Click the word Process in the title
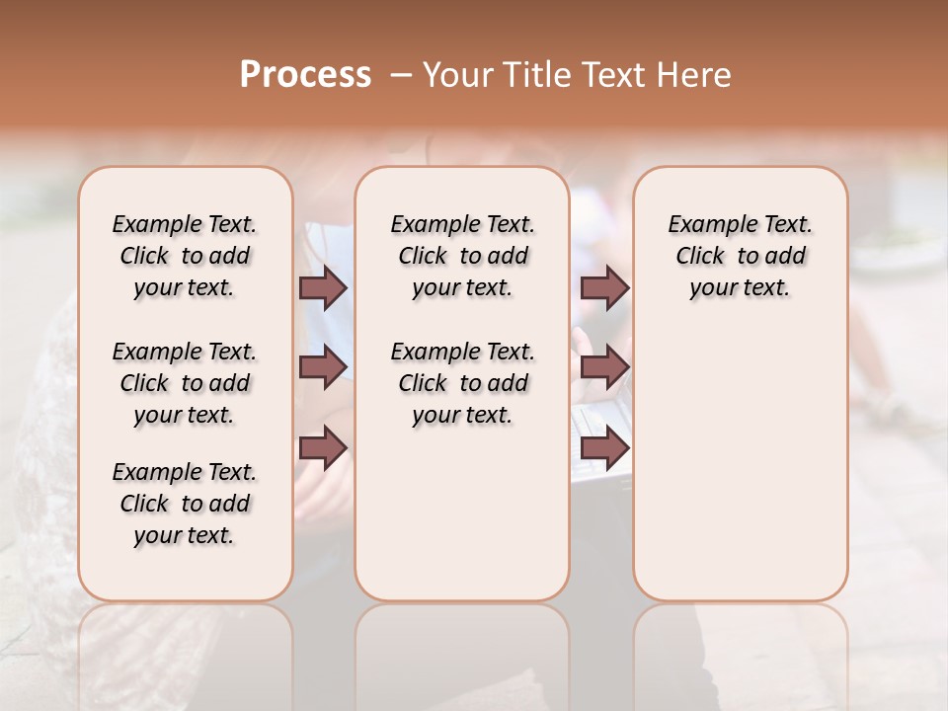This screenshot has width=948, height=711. [x=305, y=74]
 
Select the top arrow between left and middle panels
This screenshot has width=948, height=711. [x=323, y=287]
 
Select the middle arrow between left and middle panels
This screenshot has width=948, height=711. [x=323, y=367]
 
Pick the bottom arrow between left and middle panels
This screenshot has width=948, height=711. [x=323, y=448]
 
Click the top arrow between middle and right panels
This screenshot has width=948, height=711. [x=604, y=287]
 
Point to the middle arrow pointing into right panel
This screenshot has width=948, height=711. [x=604, y=367]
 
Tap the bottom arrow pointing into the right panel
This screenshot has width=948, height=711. [x=604, y=448]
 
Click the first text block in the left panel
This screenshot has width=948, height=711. [x=185, y=256]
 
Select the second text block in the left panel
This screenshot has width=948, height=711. [x=185, y=383]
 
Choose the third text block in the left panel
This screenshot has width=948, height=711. [x=185, y=504]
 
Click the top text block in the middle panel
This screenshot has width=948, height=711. [x=462, y=256]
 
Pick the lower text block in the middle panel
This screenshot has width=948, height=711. [x=462, y=383]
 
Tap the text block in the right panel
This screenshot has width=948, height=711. [x=740, y=256]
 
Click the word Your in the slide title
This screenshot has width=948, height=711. [x=458, y=75]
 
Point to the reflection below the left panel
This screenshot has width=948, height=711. [x=186, y=652]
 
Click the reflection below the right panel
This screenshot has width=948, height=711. [x=740, y=652]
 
